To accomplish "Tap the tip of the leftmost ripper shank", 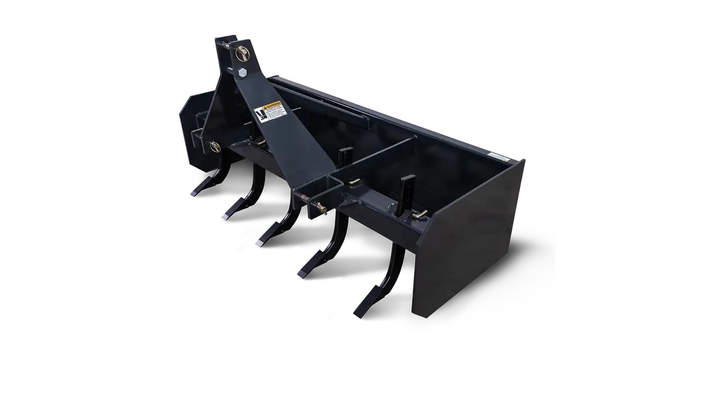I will [195, 193].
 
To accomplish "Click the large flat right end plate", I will [469, 243].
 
